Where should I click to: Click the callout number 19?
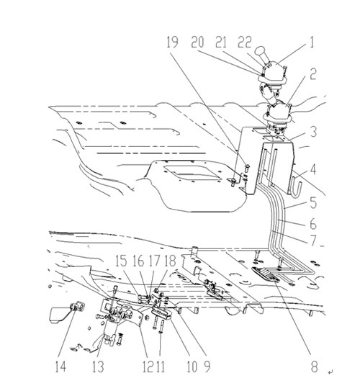172,42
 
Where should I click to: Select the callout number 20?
197,42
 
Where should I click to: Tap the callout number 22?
245,42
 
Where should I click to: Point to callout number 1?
311,42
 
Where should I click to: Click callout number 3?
313,132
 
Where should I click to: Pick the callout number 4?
313,169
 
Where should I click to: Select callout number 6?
313,223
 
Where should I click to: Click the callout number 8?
314,367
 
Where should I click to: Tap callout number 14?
60,367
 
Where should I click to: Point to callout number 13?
98,367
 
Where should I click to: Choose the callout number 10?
192,367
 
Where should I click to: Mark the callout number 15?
122,261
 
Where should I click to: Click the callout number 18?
171,261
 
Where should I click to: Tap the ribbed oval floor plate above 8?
265,274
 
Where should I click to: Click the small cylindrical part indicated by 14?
78,306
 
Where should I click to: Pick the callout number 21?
221,42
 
